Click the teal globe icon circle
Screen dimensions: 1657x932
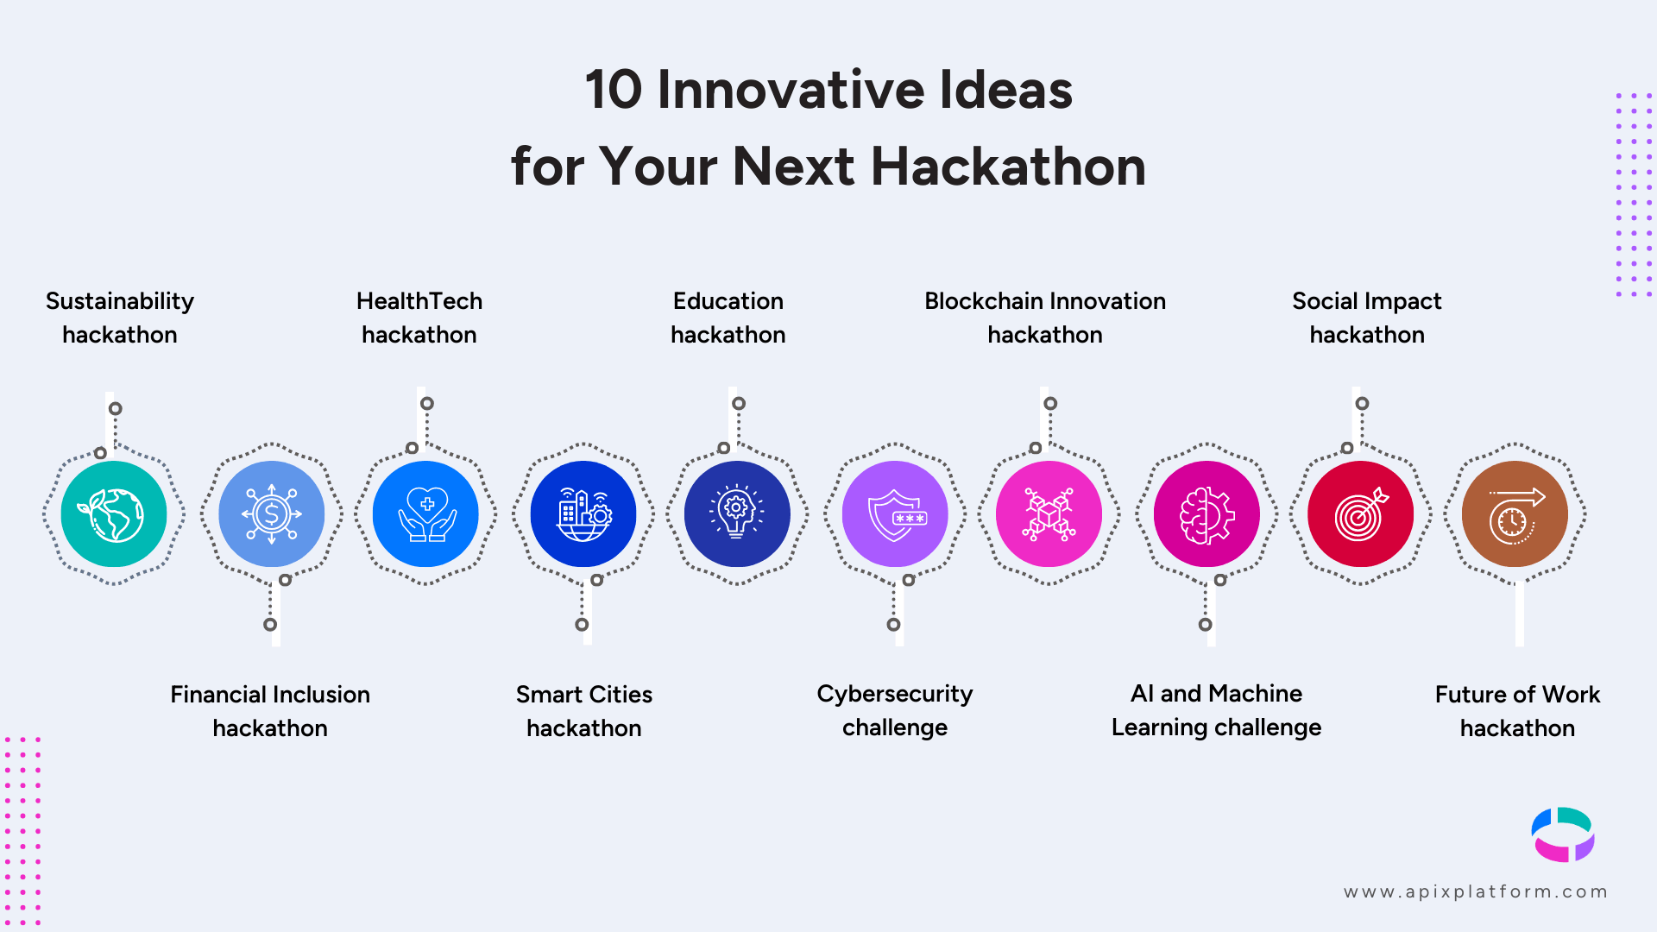click(114, 514)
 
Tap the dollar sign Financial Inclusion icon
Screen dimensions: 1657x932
click(272, 514)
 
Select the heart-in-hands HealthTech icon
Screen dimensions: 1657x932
click(425, 514)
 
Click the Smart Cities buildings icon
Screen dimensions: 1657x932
click(583, 514)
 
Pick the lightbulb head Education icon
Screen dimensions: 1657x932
click(737, 514)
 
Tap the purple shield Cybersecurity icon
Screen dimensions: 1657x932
click(895, 514)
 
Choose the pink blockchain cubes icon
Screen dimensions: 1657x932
click(1049, 514)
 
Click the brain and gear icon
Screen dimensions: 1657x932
click(1207, 514)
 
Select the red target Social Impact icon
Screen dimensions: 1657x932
click(1360, 514)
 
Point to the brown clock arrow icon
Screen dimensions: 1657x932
click(1515, 514)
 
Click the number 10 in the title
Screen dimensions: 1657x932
click(614, 90)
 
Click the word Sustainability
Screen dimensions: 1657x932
click(120, 302)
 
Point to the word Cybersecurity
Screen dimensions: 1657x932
click(895, 695)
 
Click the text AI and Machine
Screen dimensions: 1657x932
click(1216, 694)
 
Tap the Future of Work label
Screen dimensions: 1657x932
click(1517, 711)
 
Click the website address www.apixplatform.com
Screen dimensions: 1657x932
click(1476, 892)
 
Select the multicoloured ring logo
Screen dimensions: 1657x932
click(1563, 834)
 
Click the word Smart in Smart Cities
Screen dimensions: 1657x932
click(549, 695)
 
